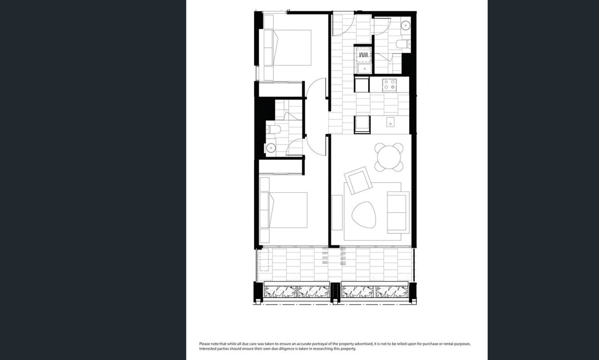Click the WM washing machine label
[364, 55]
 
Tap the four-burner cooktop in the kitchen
[389, 84]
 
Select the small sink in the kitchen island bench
[390, 122]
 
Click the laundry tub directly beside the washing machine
[364, 68]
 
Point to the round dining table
[389, 157]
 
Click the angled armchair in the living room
[358, 180]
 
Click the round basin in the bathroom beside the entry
[405, 25]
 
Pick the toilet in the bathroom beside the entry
[403, 44]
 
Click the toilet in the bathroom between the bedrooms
[274, 129]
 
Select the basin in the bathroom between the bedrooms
[271, 148]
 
